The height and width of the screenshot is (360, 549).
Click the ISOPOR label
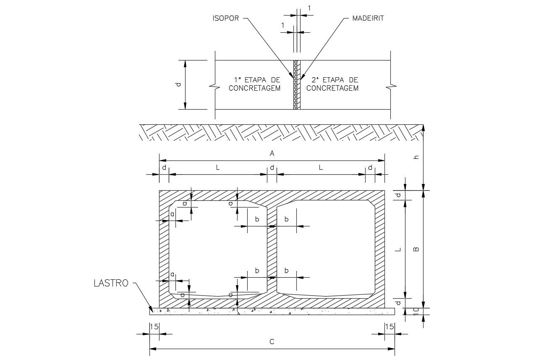point(225,18)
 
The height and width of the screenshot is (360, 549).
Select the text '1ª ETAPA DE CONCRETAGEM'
point(254,84)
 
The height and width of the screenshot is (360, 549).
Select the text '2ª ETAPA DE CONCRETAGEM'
point(332,84)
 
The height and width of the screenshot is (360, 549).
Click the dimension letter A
point(272,154)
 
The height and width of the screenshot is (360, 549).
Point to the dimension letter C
point(272,342)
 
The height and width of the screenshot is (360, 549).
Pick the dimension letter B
point(416,249)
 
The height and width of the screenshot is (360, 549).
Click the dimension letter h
point(416,157)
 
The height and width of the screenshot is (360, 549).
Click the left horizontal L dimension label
point(218,168)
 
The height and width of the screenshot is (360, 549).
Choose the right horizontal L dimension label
point(321,168)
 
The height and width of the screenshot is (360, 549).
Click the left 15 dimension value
point(154,326)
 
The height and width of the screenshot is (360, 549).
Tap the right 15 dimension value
point(390,326)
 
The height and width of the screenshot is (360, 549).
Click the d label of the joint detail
point(178,84)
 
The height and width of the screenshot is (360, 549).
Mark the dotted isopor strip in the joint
point(295,84)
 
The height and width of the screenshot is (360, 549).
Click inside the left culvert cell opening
point(218,248)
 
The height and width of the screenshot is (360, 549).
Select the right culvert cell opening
point(326,248)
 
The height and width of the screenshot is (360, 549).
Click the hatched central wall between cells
point(272,252)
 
